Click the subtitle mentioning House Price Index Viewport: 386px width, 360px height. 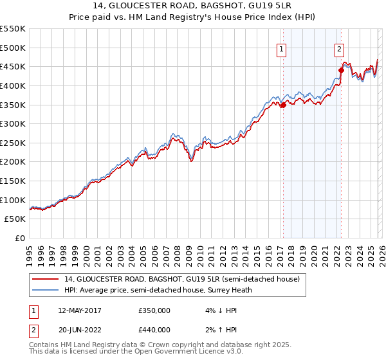(x=192, y=18)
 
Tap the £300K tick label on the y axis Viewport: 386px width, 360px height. (x=13, y=123)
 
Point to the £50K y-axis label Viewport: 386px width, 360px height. (x=15, y=219)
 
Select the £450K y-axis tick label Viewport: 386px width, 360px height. (x=13, y=66)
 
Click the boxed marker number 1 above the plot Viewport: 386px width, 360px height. (x=282, y=48)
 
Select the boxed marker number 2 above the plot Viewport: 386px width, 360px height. (x=339, y=48)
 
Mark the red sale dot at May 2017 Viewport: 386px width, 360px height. (x=283, y=105)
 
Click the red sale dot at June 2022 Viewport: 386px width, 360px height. (x=341, y=71)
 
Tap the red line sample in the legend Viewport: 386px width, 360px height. (x=46, y=279)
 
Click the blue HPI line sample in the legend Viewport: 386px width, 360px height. (x=46, y=290)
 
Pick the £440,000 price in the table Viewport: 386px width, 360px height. (x=154, y=330)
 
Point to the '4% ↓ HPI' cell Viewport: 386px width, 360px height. (x=213, y=310)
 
